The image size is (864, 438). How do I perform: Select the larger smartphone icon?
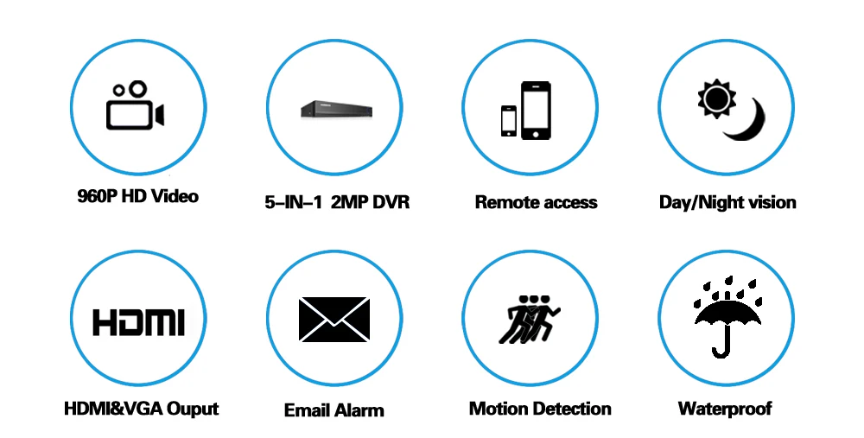(536, 111)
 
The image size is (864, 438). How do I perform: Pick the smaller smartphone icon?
(509, 121)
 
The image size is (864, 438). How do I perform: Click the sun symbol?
(716, 98)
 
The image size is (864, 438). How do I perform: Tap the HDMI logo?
(138, 322)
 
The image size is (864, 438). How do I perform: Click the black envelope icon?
(334, 320)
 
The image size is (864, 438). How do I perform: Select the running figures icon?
(529, 319)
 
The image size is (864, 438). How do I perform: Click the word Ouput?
(193, 409)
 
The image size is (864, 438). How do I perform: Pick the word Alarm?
(359, 409)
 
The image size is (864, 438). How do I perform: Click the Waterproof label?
(725, 409)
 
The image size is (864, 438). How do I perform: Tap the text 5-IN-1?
(293, 201)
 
